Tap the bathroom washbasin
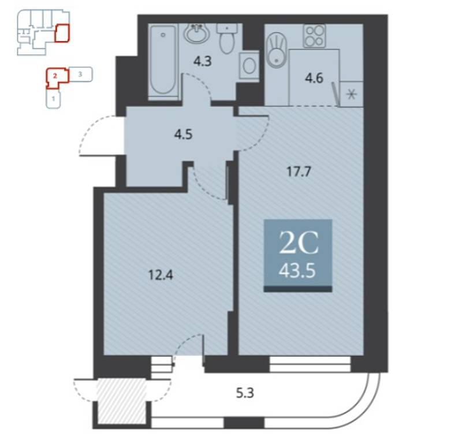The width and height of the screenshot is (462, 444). [x=197, y=33]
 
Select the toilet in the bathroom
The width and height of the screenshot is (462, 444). [x=227, y=39]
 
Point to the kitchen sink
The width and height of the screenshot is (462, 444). [x=277, y=50]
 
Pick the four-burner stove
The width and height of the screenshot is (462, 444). [x=314, y=36]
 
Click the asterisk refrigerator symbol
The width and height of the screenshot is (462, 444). [x=351, y=94]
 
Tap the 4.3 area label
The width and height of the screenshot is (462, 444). [x=203, y=61]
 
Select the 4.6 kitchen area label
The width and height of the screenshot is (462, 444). [x=314, y=78]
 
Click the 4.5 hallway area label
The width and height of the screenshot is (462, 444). [x=183, y=135]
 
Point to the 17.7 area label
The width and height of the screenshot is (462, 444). [x=299, y=171]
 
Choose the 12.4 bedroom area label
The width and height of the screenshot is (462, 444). [x=161, y=275]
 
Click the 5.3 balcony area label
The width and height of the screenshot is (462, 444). [x=245, y=393]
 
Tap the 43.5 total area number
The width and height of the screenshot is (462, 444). [x=297, y=270]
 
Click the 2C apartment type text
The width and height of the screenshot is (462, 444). [x=299, y=242]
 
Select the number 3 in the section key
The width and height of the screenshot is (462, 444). [x=80, y=74]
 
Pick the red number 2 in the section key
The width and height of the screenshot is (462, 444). [x=55, y=76]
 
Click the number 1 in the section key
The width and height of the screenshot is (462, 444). [x=53, y=99]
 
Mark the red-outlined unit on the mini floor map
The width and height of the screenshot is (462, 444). [x=62, y=33]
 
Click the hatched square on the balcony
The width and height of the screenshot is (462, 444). [x=122, y=401]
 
